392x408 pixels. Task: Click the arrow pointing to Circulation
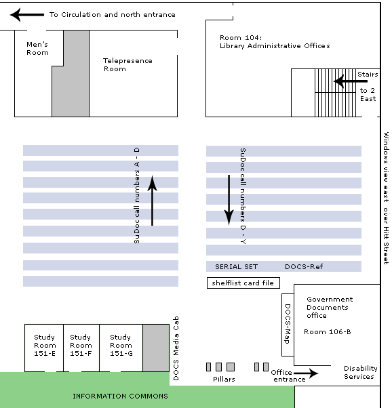pyautogui.click(x=27, y=15)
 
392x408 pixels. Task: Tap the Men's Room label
pyautogui.click(x=37, y=48)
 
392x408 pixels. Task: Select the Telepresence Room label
pyautogui.click(x=128, y=65)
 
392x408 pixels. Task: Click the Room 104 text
pyautogui.click(x=240, y=38)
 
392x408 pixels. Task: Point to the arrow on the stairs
pyautogui.click(x=351, y=81)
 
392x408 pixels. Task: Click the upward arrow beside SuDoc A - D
pyautogui.click(x=152, y=201)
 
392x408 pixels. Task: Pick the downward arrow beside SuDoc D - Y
pyautogui.click(x=229, y=199)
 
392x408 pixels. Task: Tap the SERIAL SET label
pyautogui.click(x=236, y=267)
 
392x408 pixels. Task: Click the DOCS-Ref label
pyautogui.click(x=304, y=267)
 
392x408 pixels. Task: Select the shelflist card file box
pyautogui.click(x=243, y=283)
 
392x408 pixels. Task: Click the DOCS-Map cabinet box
pyautogui.click(x=288, y=325)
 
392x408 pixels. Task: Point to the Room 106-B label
pyautogui.click(x=327, y=332)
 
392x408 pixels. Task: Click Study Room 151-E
pyautogui.click(x=45, y=345)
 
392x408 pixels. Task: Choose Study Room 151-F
pyautogui.click(x=81, y=345)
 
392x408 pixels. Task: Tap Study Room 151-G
pyautogui.click(x=121, y=345)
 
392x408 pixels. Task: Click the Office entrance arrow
pyautogui.click(x=306, y=373)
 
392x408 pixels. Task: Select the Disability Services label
pyautogui.click(x=360, y=372)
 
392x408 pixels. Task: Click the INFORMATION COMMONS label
pyautogui.click(x=120, y=396)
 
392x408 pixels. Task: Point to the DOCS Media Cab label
pyautogui.click(x=176, y=348)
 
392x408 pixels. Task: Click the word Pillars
pyautogui.click(x=224, y=379)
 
